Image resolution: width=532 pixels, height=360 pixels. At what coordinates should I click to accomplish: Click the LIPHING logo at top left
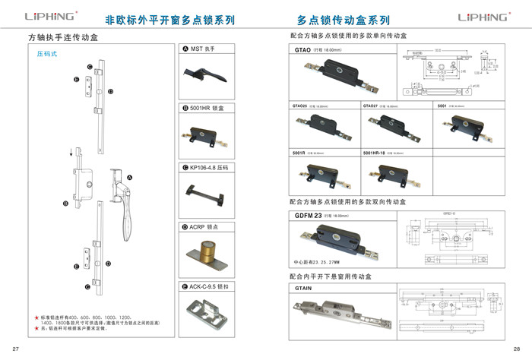pyautogui.click(x=50, y=15)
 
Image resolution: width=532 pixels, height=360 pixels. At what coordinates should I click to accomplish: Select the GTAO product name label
pyautogui.click(x=302, y=49)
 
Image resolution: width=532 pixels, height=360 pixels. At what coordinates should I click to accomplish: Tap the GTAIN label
pyautogui.click(x=303, y=289)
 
